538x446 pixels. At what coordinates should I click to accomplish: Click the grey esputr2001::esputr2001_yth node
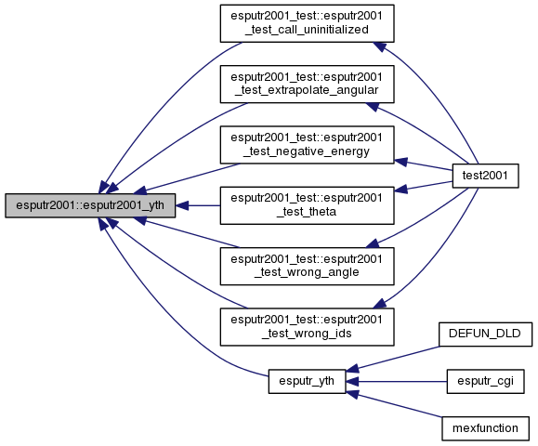90,205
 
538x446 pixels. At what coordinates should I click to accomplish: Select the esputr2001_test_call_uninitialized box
307,23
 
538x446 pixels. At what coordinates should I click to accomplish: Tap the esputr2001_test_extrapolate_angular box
307,84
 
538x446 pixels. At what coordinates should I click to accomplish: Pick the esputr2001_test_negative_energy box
307,145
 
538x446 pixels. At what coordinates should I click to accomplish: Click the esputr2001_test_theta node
307,205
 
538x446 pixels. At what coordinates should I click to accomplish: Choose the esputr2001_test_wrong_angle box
307,267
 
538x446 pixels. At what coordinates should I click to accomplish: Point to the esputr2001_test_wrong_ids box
307,327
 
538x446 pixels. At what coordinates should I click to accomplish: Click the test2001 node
485,176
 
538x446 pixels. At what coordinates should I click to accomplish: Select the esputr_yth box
307,382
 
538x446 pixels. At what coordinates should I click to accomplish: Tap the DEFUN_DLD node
485,334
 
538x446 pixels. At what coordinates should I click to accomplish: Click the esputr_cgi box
485,382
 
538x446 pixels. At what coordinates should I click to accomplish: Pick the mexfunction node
485,428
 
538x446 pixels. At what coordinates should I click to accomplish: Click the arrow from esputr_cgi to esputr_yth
396,382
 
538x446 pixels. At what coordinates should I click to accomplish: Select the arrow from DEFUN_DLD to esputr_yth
393,359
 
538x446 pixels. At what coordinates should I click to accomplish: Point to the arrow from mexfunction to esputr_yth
394,405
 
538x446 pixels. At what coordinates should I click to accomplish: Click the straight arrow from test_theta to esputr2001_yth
198,205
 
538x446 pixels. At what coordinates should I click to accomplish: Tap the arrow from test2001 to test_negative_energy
424,165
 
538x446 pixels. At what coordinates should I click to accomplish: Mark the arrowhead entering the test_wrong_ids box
379,303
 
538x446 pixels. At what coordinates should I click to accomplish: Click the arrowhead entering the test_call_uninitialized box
379,47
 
